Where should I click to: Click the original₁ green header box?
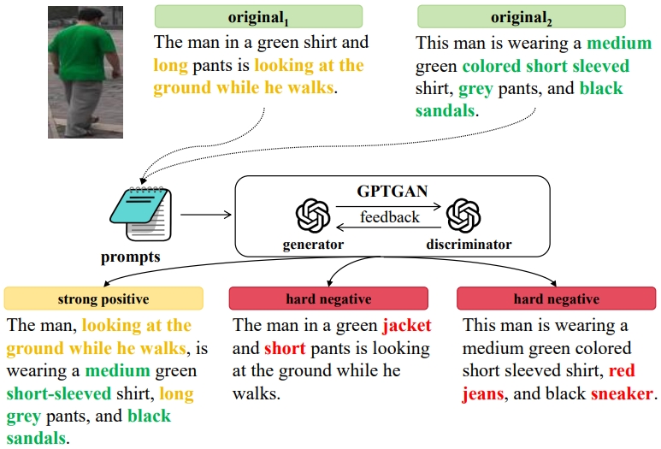pos(258,16)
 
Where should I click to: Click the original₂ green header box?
pos(520,16)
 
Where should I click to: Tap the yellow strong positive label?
pos(103,298)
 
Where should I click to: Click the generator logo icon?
pos(313,215)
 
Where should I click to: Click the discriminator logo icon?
pos(463,215)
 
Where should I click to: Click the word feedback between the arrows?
pos(390,217)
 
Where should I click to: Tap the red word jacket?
pos(407,326)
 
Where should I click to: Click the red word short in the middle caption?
pos(285,349)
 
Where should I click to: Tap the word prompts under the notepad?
pos(130,257)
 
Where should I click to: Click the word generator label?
pos(313,245)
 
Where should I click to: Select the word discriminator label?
pos(469,245)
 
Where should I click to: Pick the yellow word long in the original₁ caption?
pos(172,66)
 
